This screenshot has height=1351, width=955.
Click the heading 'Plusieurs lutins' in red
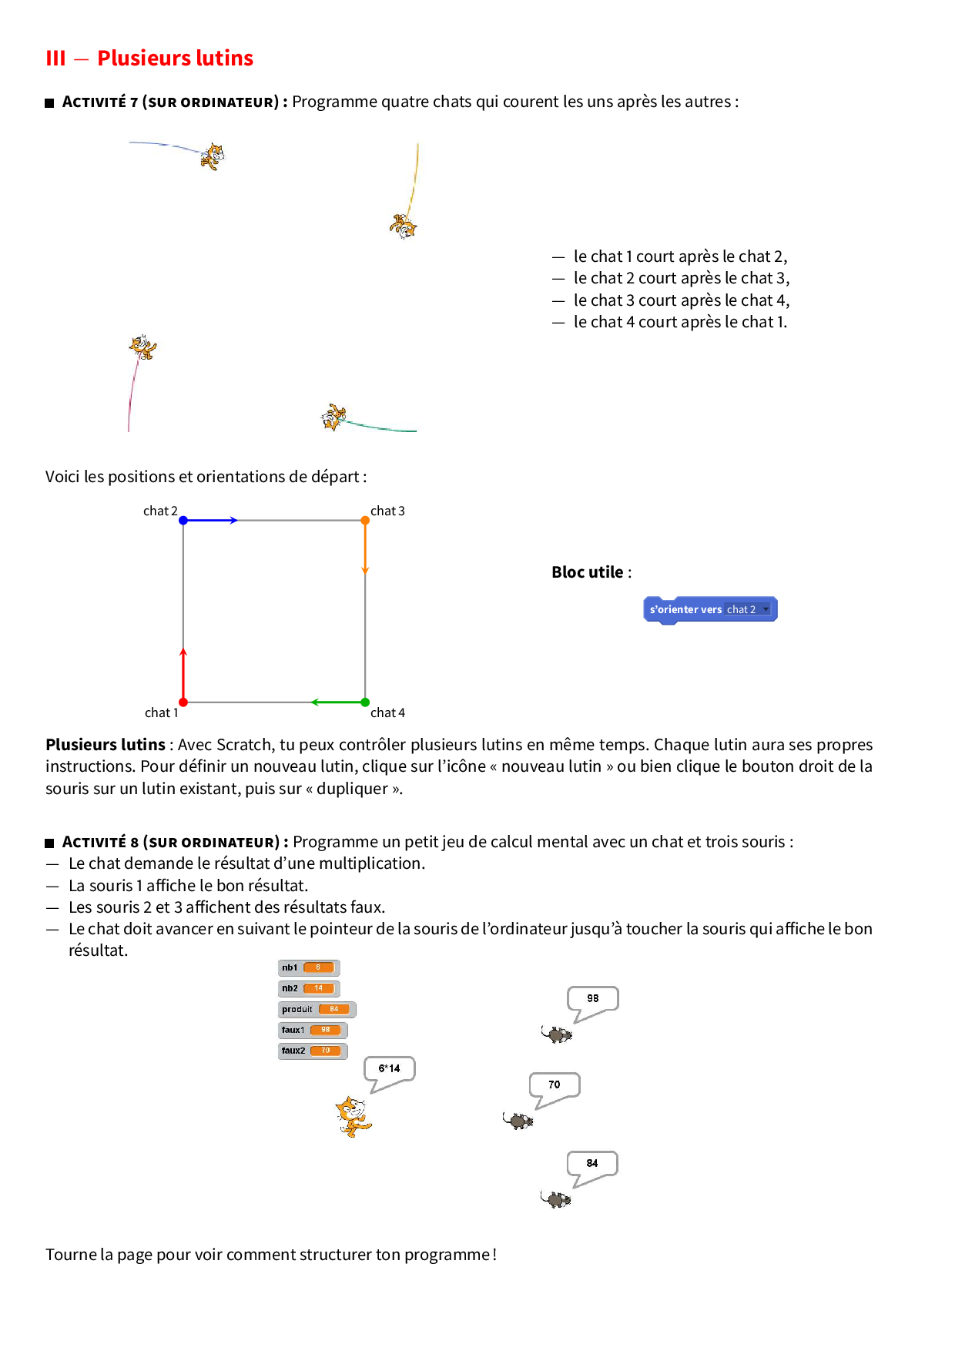pyautogui.click(x=175, y=59)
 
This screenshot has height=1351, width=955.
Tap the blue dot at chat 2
pyautogui.click(x=183, y=521)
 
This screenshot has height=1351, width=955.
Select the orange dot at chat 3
pyautogui.click(x=365, y=521)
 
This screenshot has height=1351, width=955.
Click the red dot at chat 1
pyautogui.click(x=183, y=702)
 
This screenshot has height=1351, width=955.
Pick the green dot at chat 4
pyautogui.click(x=365, y=702)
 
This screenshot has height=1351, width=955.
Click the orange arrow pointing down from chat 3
pyautogui.click(x=365, y=548)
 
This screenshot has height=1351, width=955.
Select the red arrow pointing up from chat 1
pyautogui.click(x=183, y=675)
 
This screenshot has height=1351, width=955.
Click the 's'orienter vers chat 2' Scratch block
pyautogui.click(x=709, y=609)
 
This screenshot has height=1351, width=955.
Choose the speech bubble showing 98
pyautogui.click(x=592, y=1000)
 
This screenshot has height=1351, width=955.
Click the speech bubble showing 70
pyautogui.click(x=555, y=1086)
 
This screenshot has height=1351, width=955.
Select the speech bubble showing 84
pyautogui.click(x=592, y=1165)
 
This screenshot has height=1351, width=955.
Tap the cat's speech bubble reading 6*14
pyautogui.click(x=389, y=1070)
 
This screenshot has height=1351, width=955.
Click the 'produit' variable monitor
pyautogui.click(x=317, y=1009)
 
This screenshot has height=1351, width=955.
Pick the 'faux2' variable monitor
pyautogui.click(x=312, y=1051)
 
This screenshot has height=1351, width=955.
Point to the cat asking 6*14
pyautogui.click(x=353, y=1116)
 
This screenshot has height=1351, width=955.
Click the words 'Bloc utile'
pyautogui.click(x=588, y=572)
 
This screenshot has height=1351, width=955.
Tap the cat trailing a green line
pyautogui.click(x=333, y=417)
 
